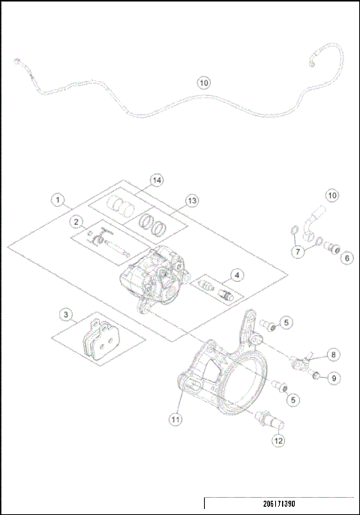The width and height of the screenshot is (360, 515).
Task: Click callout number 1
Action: (x=57, y=200)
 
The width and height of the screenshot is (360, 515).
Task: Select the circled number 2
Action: (x=76, y=222)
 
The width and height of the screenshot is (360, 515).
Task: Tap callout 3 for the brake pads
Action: (x=67, y=314)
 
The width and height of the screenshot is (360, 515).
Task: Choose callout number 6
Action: (x=346, y=258)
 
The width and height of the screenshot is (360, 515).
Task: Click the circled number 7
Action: (x=298, y=252)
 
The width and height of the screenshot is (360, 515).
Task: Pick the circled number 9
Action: (x=334, y=377)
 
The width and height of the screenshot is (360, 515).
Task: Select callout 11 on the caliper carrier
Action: (x=175, y=420)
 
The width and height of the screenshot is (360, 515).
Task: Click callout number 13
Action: (x=192, y=201)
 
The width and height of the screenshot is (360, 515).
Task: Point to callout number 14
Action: (x=156, y=181)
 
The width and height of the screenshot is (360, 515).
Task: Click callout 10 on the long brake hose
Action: (x=203, y=83)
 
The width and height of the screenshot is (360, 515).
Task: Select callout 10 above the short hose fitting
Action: (x=332, y=196)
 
